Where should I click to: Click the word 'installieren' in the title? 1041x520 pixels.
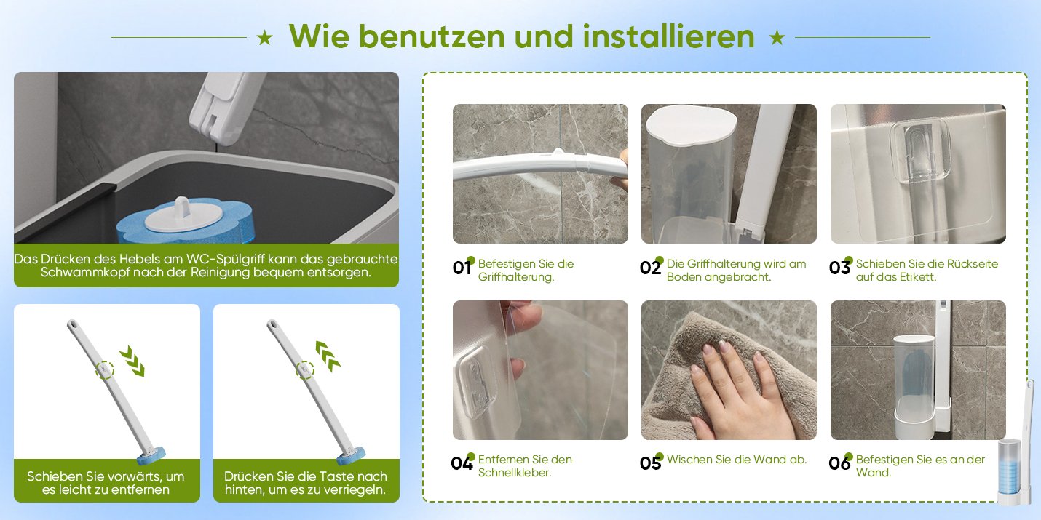click(668, 36)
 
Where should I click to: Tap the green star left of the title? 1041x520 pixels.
click(265, 38)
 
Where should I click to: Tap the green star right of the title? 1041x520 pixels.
click(777, 38)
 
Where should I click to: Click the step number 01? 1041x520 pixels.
click(462, 268)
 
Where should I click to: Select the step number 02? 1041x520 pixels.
click(650, 268)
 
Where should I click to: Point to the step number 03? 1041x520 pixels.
click(839, 268)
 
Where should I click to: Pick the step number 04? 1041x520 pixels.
click(462, 463)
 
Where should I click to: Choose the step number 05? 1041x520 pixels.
click(650, 463)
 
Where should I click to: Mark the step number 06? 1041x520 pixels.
click(839, 463)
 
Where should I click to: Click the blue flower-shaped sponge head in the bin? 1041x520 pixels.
click(185, 222)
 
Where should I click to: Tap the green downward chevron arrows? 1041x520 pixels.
click(132, 361)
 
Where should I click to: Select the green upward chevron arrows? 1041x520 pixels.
click(328, 356)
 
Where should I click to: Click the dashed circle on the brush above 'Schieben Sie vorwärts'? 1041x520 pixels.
click(105, 370)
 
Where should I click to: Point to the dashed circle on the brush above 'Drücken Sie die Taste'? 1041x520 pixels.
click(305, 370)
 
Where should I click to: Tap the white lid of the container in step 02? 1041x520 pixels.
click(689, 124)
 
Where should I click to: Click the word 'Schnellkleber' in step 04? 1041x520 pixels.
click(515, 473)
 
